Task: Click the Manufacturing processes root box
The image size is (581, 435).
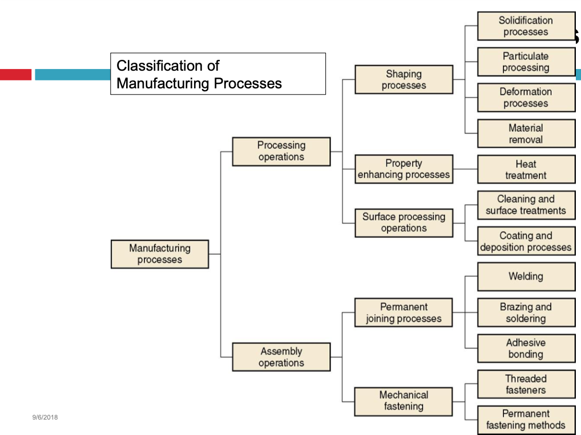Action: click(160, 254)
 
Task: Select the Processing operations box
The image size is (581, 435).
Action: click(281, 152)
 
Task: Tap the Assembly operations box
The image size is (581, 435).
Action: click(281, 357)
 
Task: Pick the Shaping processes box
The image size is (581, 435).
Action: click(404, 80)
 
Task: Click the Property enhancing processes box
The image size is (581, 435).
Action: click(404, 169)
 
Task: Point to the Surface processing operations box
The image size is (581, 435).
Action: click(404, 222)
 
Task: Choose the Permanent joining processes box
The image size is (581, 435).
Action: click(404, 313)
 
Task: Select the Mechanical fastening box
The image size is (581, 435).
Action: click(404, 401)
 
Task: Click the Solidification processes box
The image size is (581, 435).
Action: click(526, 26)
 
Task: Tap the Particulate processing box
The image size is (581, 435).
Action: click(526, 62)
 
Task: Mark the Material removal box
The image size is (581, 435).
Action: click(526, 134)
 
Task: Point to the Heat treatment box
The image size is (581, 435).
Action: click(526, 170)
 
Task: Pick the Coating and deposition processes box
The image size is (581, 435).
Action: click(526, 242)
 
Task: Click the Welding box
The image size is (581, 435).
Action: click(526, 277)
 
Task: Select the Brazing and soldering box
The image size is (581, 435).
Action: click(526, 313)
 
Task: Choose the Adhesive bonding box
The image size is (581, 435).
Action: click(526, 348)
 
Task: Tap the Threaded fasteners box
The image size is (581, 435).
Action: click(526, 384)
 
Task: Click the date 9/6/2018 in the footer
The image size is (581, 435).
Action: click(45, 417)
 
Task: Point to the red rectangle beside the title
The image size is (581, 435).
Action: click(15, 74)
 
